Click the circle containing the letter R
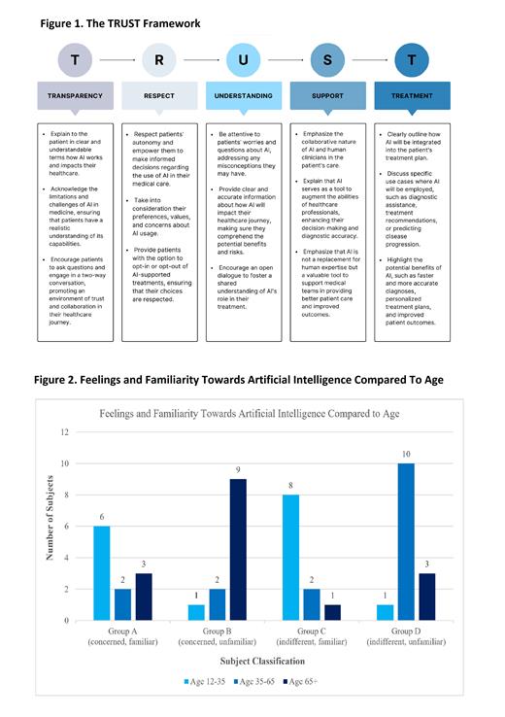[x=158, y=60]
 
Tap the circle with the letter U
[x=243, y=60]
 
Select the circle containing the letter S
[x=327, y=60]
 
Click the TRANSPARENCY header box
[x=75, y=96]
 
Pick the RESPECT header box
[x=158, y=96]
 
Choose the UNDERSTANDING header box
[x=243, y=96]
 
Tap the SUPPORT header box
[x=327, y=96]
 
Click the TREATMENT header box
[x=412, y=96]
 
